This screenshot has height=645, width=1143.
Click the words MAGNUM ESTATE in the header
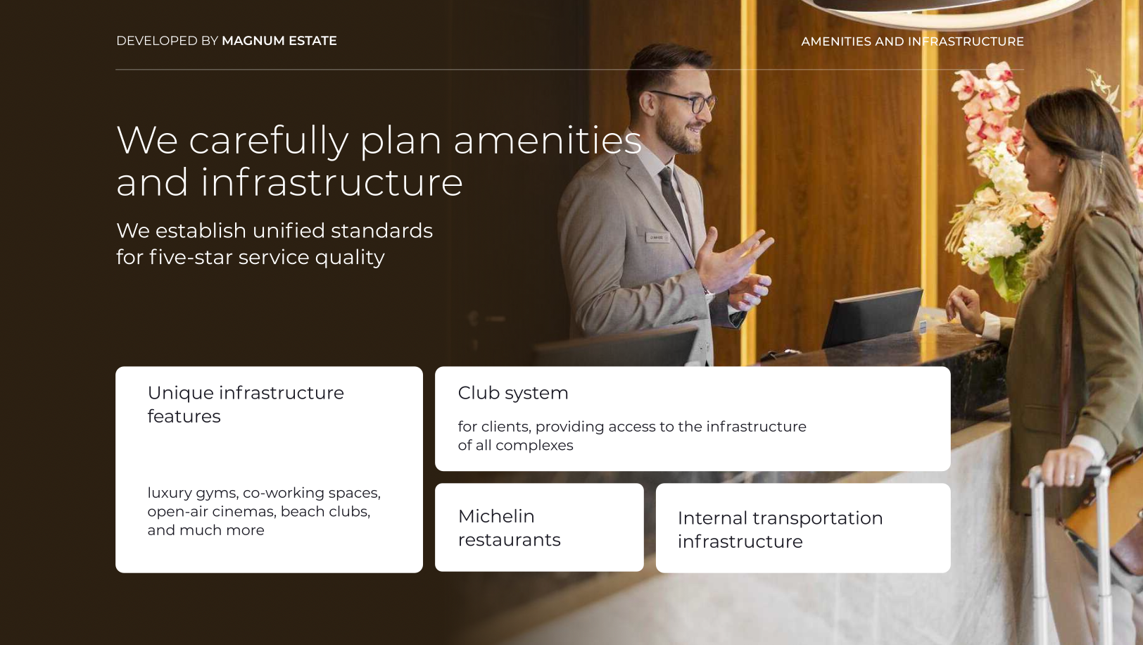279,41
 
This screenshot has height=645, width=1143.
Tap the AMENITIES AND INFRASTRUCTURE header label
912,42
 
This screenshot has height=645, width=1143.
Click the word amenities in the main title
548,140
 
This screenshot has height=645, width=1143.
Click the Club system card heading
513,393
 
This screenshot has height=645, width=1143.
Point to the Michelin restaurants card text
510,527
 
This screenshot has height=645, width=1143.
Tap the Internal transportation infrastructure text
781,530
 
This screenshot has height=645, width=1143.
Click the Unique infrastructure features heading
246,404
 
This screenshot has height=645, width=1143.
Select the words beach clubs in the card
325,511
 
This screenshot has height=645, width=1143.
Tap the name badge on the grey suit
657,237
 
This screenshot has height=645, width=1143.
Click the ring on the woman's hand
1071,477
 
